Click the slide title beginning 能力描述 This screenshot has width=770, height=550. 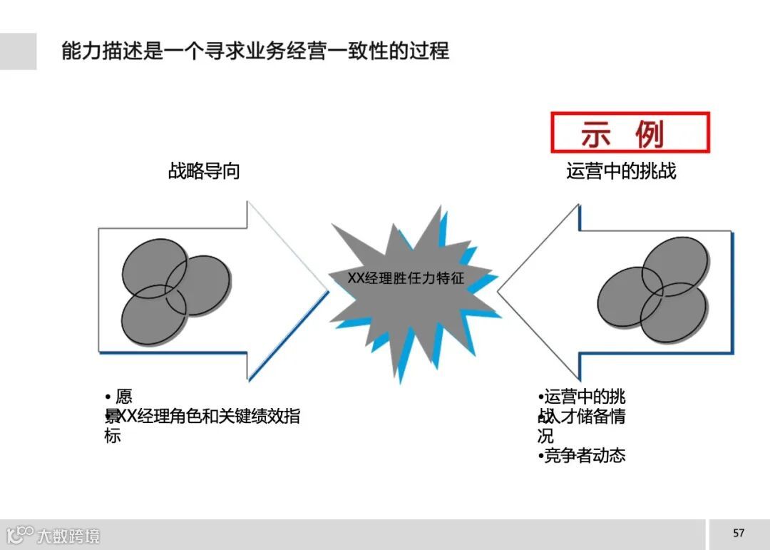click(255, 51)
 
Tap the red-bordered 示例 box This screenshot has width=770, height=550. click(630, 133)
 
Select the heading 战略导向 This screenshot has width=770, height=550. click(204, 171)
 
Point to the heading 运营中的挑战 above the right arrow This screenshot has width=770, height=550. click(621, 171)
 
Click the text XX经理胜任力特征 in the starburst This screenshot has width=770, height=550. click(406, 278)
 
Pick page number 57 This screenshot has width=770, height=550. click(739, 533)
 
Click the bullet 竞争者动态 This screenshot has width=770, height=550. click(582, 455)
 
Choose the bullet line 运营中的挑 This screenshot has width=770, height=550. click(582, 397)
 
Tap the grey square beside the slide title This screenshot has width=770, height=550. click(18, 51)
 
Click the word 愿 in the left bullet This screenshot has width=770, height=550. click(123, 397)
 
